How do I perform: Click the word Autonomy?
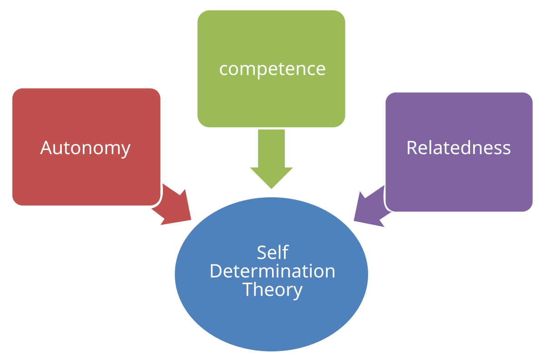pos(86,148)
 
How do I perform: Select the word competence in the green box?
pos(272,69)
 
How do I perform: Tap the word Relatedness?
pos(458,148)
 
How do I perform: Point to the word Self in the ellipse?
pos(272,252)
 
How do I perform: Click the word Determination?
pos(272,271)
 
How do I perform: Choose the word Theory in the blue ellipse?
pos(272,290)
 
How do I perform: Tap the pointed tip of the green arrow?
pos(272,188)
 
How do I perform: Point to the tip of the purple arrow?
pos(354,221)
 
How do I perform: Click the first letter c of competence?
pos(223,70)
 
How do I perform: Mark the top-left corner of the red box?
pos(14,90)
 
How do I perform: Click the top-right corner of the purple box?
pos(531,94)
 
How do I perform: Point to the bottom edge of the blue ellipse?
pos(272,351)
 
